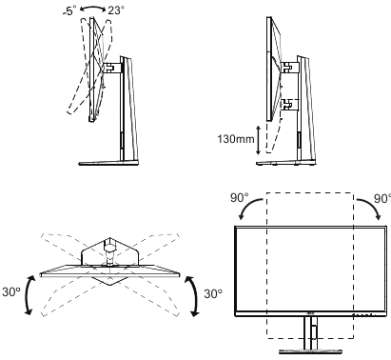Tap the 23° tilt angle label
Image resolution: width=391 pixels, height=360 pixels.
pyautogui.click(x=117, y=11)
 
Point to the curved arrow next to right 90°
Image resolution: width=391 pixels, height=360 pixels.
pyautogui.click(x=372, y=212)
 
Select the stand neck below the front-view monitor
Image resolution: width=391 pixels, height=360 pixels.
pyautogui.click(x=310, y=333)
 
